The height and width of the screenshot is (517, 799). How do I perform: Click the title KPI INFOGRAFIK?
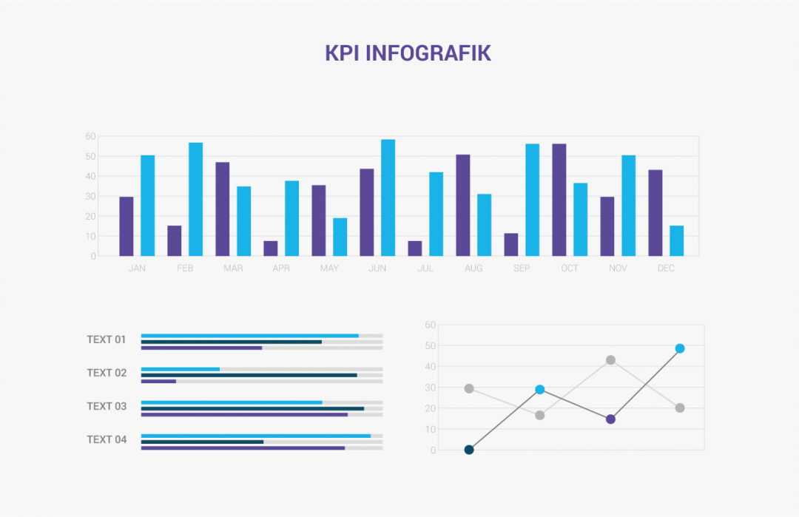pyautogui.click(x=408, y=53)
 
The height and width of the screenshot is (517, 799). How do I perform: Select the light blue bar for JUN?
pyautogui.click(x=388, y=197)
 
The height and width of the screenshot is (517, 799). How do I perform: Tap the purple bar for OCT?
pyautogui.click(x=559, y=200)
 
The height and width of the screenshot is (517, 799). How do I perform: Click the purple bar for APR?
pyautogui.click(x=271, y=249)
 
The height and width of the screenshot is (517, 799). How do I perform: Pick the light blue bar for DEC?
pyautogui.click(x=676, y=241)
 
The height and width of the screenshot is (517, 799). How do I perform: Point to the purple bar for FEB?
pyautogui.click(x=175, y=241)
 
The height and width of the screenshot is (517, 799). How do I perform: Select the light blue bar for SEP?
pyautogui.click(x=532, y=200)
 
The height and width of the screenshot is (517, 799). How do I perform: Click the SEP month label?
pyautogui.click(x=522, y=268)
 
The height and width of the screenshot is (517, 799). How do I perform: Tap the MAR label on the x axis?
pyautogui.click(x=233, y=268)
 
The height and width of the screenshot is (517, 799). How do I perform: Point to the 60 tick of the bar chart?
pyautogui.click(x=91, y=136)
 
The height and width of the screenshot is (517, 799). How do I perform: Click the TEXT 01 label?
pyautogui.click(x=107, y=339)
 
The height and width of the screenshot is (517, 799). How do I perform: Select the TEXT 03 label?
pyautogui.click(x=107, y=406)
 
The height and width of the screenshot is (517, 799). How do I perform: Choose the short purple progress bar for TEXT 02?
pyautogui.click(x=158, y=382)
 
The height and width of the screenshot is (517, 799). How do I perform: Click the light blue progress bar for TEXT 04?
pyautogui.click(x=256, y=436)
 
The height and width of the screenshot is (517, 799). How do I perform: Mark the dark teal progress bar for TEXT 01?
pyautogui.click(x=232, y=342)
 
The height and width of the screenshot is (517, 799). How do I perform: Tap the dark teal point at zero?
pyautogui.click(x=469, y=450)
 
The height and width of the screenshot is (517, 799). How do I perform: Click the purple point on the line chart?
pyautogui.click(x=610, y=419)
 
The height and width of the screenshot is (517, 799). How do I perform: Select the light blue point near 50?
pyautogui.click(x=680, y=348)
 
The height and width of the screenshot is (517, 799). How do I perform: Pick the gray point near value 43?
pyautogui.click(x=610, y=360)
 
